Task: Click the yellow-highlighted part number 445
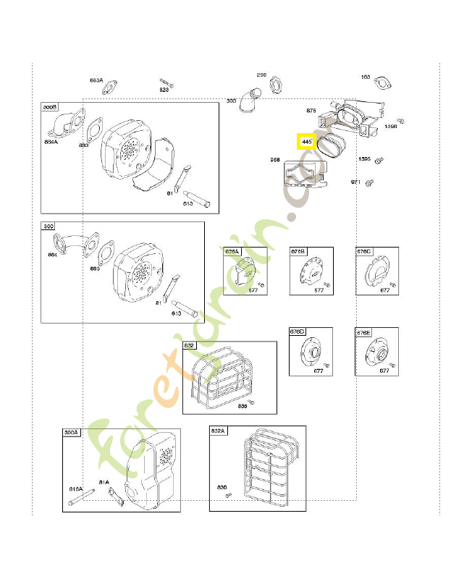307,141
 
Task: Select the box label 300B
50,107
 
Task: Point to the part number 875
311,111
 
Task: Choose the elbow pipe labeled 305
250,99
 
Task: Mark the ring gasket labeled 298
277,85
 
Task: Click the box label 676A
232,251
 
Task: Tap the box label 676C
363,251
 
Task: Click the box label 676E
363,332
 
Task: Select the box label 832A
218,431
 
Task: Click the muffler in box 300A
152,474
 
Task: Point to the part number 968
275,159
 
